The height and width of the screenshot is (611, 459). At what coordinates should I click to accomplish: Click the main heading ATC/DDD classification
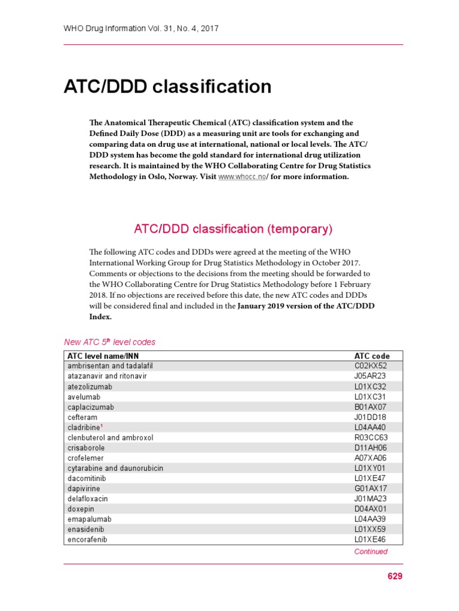(167, 87)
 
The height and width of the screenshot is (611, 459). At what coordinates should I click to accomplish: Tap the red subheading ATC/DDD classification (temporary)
(233, 229)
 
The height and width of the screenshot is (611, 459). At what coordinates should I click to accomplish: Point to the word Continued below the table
(371, 552)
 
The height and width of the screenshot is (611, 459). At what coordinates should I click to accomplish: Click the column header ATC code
(372, 356)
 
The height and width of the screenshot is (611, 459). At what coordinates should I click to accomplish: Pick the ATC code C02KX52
(371, 366)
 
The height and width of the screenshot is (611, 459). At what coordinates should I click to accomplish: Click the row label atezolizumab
(90, 387)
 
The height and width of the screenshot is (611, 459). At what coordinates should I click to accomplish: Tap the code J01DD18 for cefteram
(371, 417)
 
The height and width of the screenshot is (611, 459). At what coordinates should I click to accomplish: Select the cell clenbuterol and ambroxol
(111, 437)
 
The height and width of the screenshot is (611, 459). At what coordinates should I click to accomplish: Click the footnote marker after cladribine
(102, 426)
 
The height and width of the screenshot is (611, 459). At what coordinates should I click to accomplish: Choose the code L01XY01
(371, 468)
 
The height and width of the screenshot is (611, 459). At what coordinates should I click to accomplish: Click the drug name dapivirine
(84, 488)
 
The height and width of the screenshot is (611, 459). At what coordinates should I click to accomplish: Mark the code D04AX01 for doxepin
(371, 508)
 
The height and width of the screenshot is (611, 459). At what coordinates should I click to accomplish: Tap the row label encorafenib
(87, 539)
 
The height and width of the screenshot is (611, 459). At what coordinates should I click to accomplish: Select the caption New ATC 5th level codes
(109, 342)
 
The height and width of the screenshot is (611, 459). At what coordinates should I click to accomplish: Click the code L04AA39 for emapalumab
(371, 519)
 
